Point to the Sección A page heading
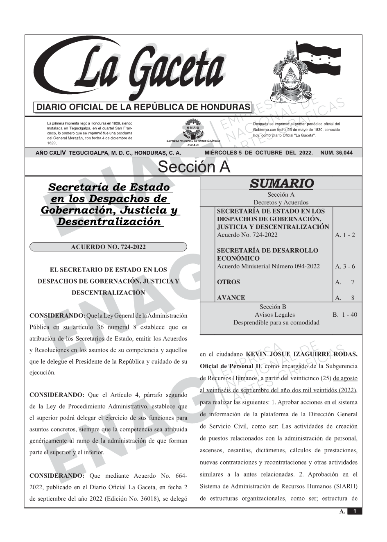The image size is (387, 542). [194, 167]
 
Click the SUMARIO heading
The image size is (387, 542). [281, 184]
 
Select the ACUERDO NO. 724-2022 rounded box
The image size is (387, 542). [108, 247]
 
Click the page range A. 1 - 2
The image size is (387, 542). [345, 235]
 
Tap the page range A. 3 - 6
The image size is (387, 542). [345, 266]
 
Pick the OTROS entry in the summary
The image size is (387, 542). [229, 282]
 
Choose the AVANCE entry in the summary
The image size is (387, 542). [231, 298]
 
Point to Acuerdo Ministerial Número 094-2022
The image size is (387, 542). [268, 266]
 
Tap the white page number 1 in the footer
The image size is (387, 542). [355, 511]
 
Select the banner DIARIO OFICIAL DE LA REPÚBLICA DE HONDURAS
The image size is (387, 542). [143, 107]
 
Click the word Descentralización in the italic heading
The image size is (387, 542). [109, 222]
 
